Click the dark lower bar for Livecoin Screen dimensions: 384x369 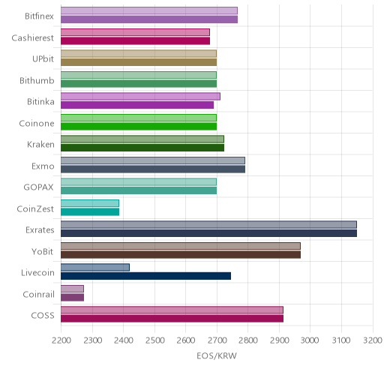pyautogui.click(x=145, y=276)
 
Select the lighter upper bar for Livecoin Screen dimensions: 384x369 pyautogui.click(x=95, y=268)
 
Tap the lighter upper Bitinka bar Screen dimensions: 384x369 pyautogui.click(x=140, y=96)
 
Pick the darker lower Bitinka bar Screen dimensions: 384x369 pyautogui.click(x=137, y=105)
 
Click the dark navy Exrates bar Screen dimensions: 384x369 pyautogui.click(x=208, y=233)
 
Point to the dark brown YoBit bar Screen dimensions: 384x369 pyautogui.click(x=181, y=255)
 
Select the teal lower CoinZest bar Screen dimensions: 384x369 pyautogui.click(x=90, y=212)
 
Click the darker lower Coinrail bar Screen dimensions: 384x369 pyautogui.click(x=72, y=298)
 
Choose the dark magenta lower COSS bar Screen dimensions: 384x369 pyautogui.click(x=172, y=319)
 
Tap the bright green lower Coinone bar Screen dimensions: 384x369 pyautogui.click(x=139, y=127)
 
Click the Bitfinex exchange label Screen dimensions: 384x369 pyautogui.click(x=39, y=16)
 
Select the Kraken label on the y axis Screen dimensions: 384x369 pyautogui.click(x=40, y=144)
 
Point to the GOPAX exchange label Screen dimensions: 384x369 pyautogui.click(x=38, y=187)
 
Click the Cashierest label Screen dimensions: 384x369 pyautogui.click(x=32, y=37)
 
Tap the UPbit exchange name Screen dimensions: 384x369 pyautogui.click(x=43, y=58)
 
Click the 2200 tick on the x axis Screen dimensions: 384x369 pyautogui.click(x=61, y=340)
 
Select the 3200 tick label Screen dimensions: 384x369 pyautogui.click(x=373, y=340)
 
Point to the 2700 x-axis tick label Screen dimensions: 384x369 pyautogui.click(x=217, y=340)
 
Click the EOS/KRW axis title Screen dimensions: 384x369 pyautogui.click(x=217, y=355)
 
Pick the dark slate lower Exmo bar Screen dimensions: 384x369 pyautogui.click(x=153, y=169)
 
